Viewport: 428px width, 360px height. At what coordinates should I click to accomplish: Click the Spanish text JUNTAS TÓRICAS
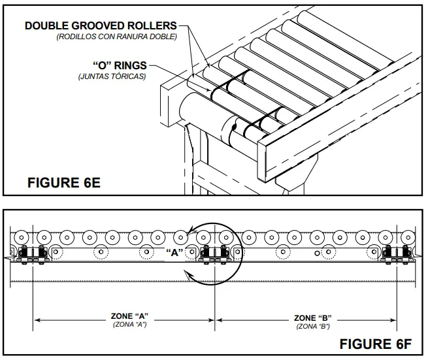pyautogui.click(x=114, y=76)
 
